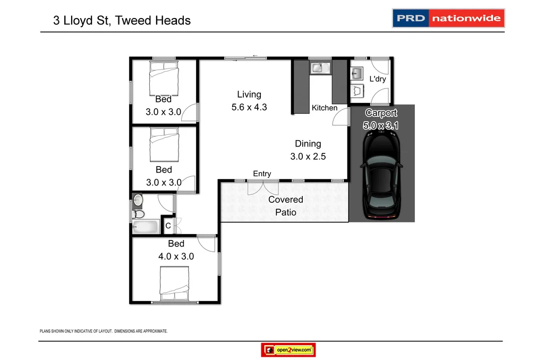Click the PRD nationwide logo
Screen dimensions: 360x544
click(x=448, y=18)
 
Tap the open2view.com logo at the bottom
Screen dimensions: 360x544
click(x=288, y=350)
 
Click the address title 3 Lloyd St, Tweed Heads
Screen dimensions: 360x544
click(x=122, y=21)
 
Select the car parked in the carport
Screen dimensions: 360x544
click(x=381, y=175)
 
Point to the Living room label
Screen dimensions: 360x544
click(x=249, y=95)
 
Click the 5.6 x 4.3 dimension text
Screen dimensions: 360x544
click(x=249, y=107)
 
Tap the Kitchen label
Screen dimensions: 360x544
click(x=325, y=108)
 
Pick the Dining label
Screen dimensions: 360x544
click(x=308, y=144)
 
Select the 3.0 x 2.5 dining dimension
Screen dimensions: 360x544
click(x=308, y=157)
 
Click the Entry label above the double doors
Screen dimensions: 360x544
click(x=262, y=174)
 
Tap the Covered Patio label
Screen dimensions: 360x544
click(x=286, y=206)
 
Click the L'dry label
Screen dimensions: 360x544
click(x=378, y=79)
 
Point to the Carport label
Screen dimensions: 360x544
click(x=381, y=113)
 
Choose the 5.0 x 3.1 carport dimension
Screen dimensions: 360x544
click(x=381, y=126)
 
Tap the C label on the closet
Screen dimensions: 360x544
click(x=168, y=226)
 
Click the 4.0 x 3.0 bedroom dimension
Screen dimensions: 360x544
click(x=176, y=256)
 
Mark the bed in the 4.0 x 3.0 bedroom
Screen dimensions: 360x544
click(x=175, y=282)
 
